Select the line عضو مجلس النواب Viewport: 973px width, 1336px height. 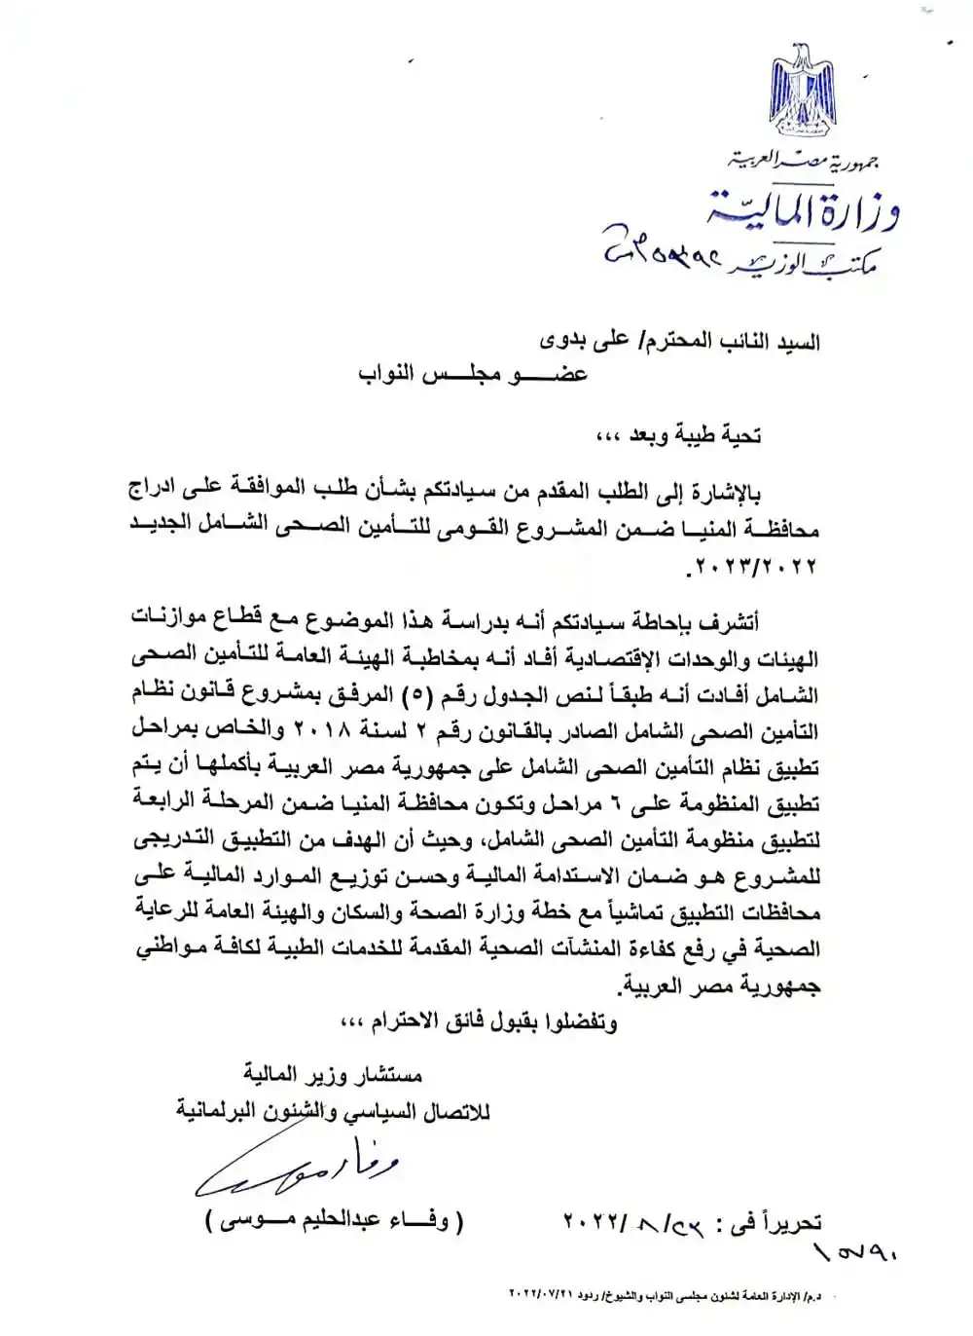coord(473,373)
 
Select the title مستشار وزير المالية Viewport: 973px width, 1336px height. coord(333,1075)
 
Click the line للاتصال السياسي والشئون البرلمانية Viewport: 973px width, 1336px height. coord(333,1110)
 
